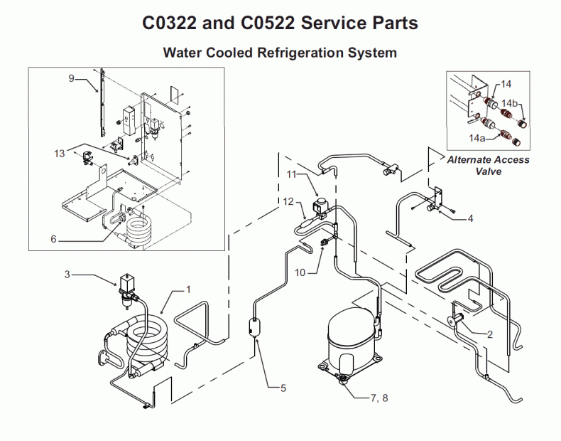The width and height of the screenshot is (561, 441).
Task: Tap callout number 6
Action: point(53,240)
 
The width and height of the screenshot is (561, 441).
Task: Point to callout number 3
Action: point(67,273)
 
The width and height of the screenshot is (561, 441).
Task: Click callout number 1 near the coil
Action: point(189,289)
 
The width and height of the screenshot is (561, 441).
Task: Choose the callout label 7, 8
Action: point(379,398)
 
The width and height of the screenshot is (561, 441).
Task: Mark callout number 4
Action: point(470,218)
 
